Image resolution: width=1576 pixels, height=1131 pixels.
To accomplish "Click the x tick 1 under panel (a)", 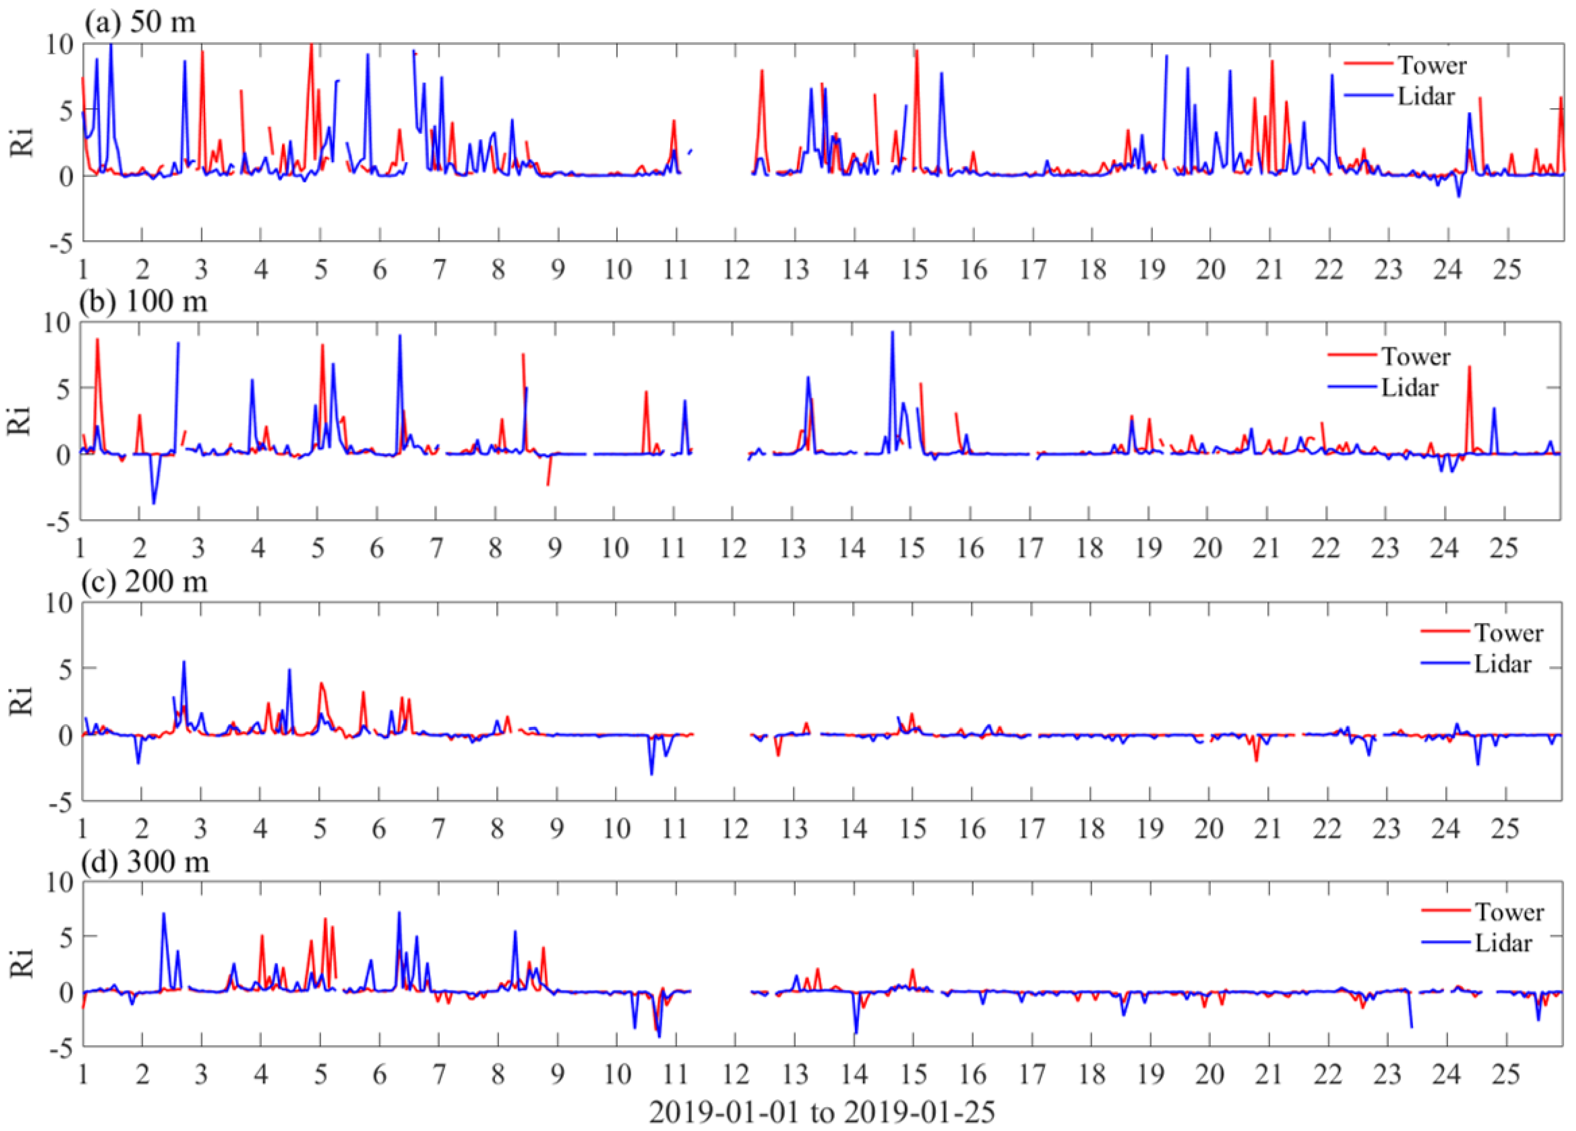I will click(x=84, y=270).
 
